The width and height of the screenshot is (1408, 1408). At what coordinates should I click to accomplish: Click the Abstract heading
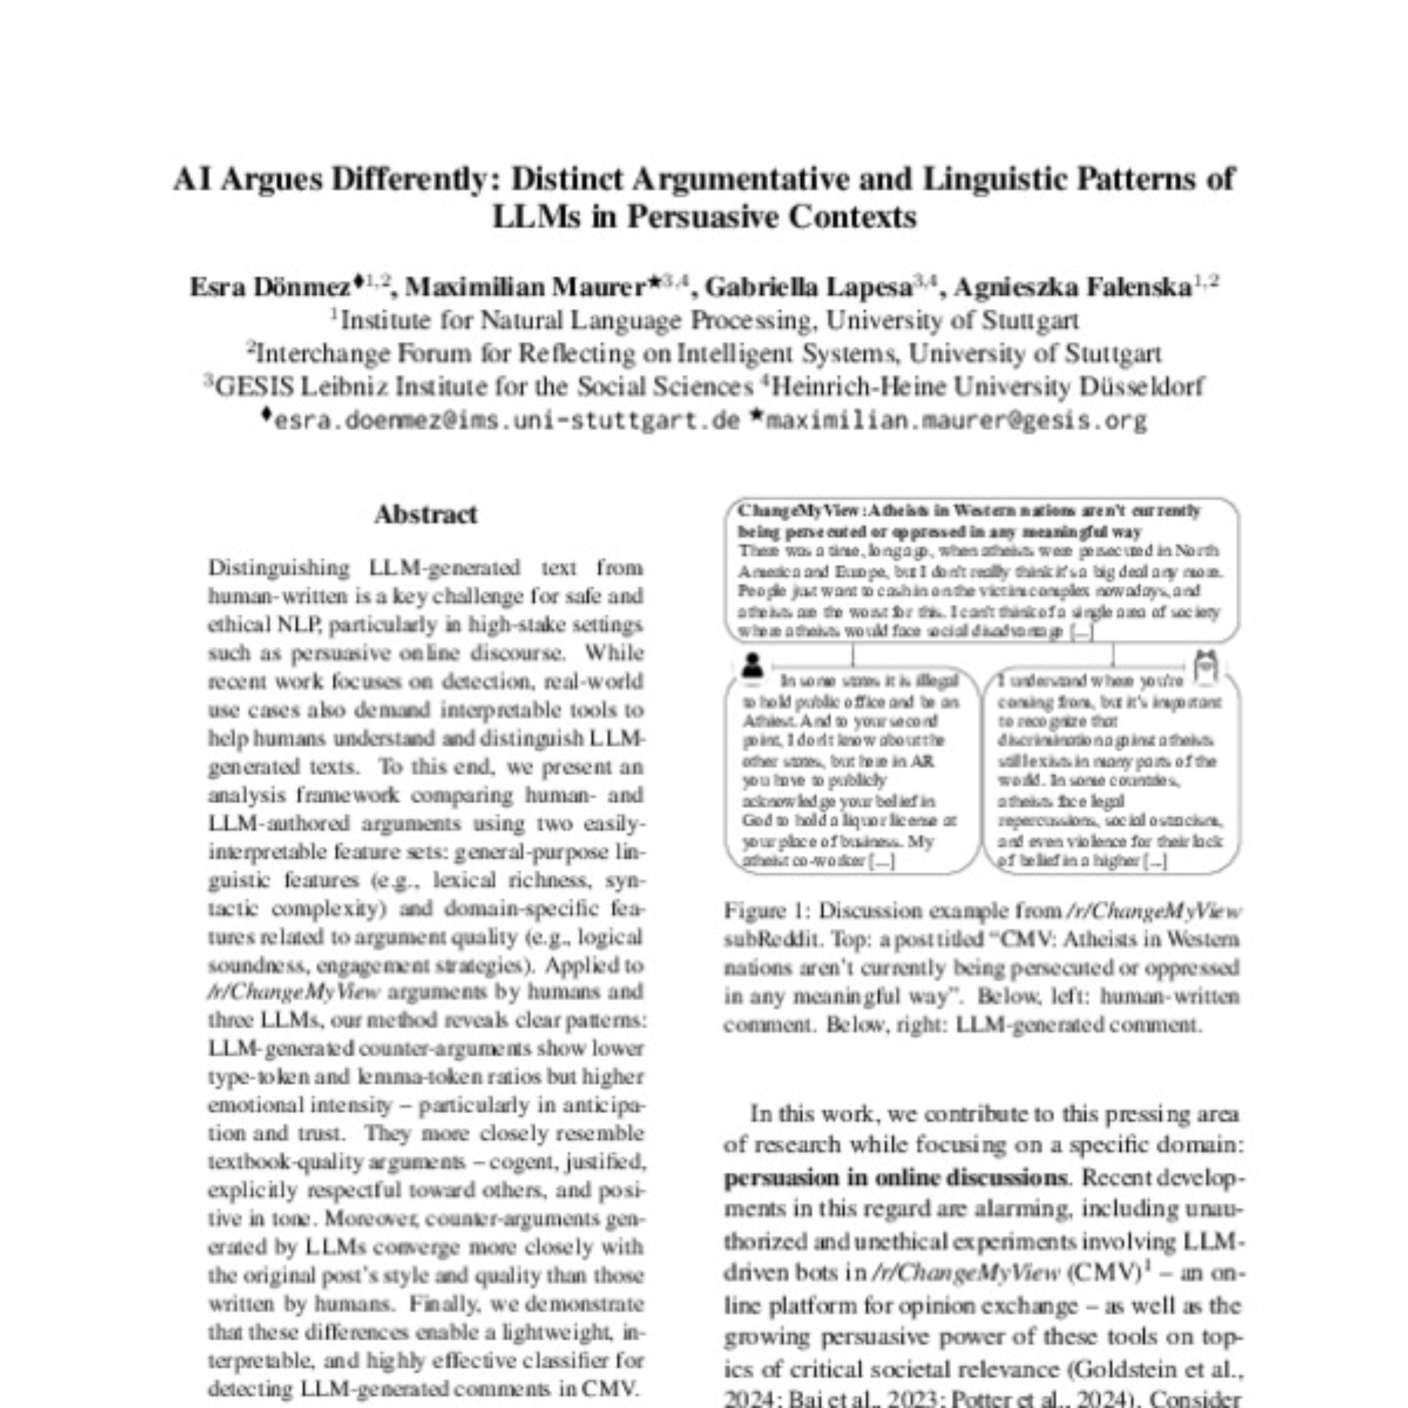coord(426,515)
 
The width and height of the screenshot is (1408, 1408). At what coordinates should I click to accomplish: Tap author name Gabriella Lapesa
coord(807,288)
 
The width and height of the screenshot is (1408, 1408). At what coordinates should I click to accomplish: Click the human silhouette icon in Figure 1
coord(752,665)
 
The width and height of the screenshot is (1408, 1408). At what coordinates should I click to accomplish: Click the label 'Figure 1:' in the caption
coord(765,911)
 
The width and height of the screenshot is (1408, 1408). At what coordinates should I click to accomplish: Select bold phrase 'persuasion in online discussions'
coord(894,1178)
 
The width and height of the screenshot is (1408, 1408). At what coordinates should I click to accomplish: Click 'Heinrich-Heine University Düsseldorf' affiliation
coord(988,386)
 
